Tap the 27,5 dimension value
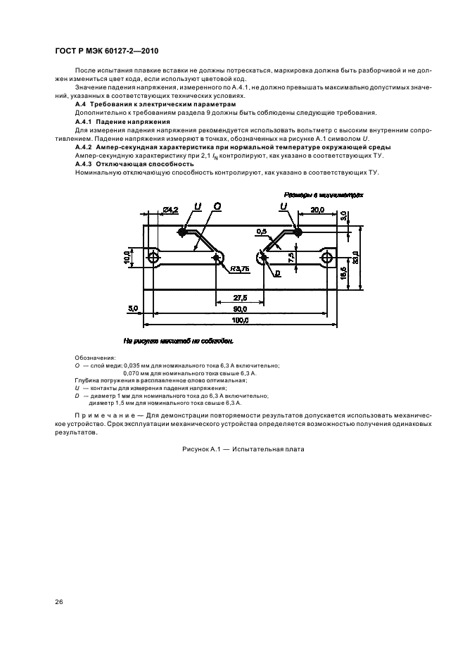click(240, 297)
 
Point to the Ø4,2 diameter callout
click(170, 211)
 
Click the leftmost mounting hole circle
click(153, 258)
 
